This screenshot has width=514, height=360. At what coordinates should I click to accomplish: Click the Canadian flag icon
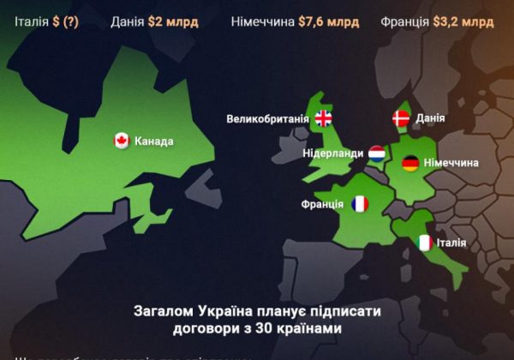[122, 141]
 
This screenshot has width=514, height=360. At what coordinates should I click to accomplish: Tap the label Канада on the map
[154, 141]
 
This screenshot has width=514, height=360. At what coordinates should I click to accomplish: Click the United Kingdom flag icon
[323, 118]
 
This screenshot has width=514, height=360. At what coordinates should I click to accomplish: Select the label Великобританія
[267, 118]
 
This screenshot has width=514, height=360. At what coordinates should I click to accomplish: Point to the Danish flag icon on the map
[401, 118]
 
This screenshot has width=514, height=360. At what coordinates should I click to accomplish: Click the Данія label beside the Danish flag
[430, 118]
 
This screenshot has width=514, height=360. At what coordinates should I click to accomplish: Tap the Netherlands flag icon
[377, 153]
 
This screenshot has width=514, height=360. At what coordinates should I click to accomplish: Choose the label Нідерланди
[332, 153]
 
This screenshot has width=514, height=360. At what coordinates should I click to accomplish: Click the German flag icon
[410, 163]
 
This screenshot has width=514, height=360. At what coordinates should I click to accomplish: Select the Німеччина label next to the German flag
[451, 163]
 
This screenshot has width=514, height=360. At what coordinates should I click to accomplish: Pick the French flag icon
[360, 204]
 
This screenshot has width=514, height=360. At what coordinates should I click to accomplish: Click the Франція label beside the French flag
[322, 204]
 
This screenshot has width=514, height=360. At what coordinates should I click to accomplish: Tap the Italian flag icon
[424, 243]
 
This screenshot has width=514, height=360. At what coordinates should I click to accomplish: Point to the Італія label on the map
[451, 243]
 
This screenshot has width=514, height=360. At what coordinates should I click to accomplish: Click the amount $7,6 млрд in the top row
[330, 22]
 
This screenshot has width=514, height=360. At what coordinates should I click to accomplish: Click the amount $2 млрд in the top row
[178, 22]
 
